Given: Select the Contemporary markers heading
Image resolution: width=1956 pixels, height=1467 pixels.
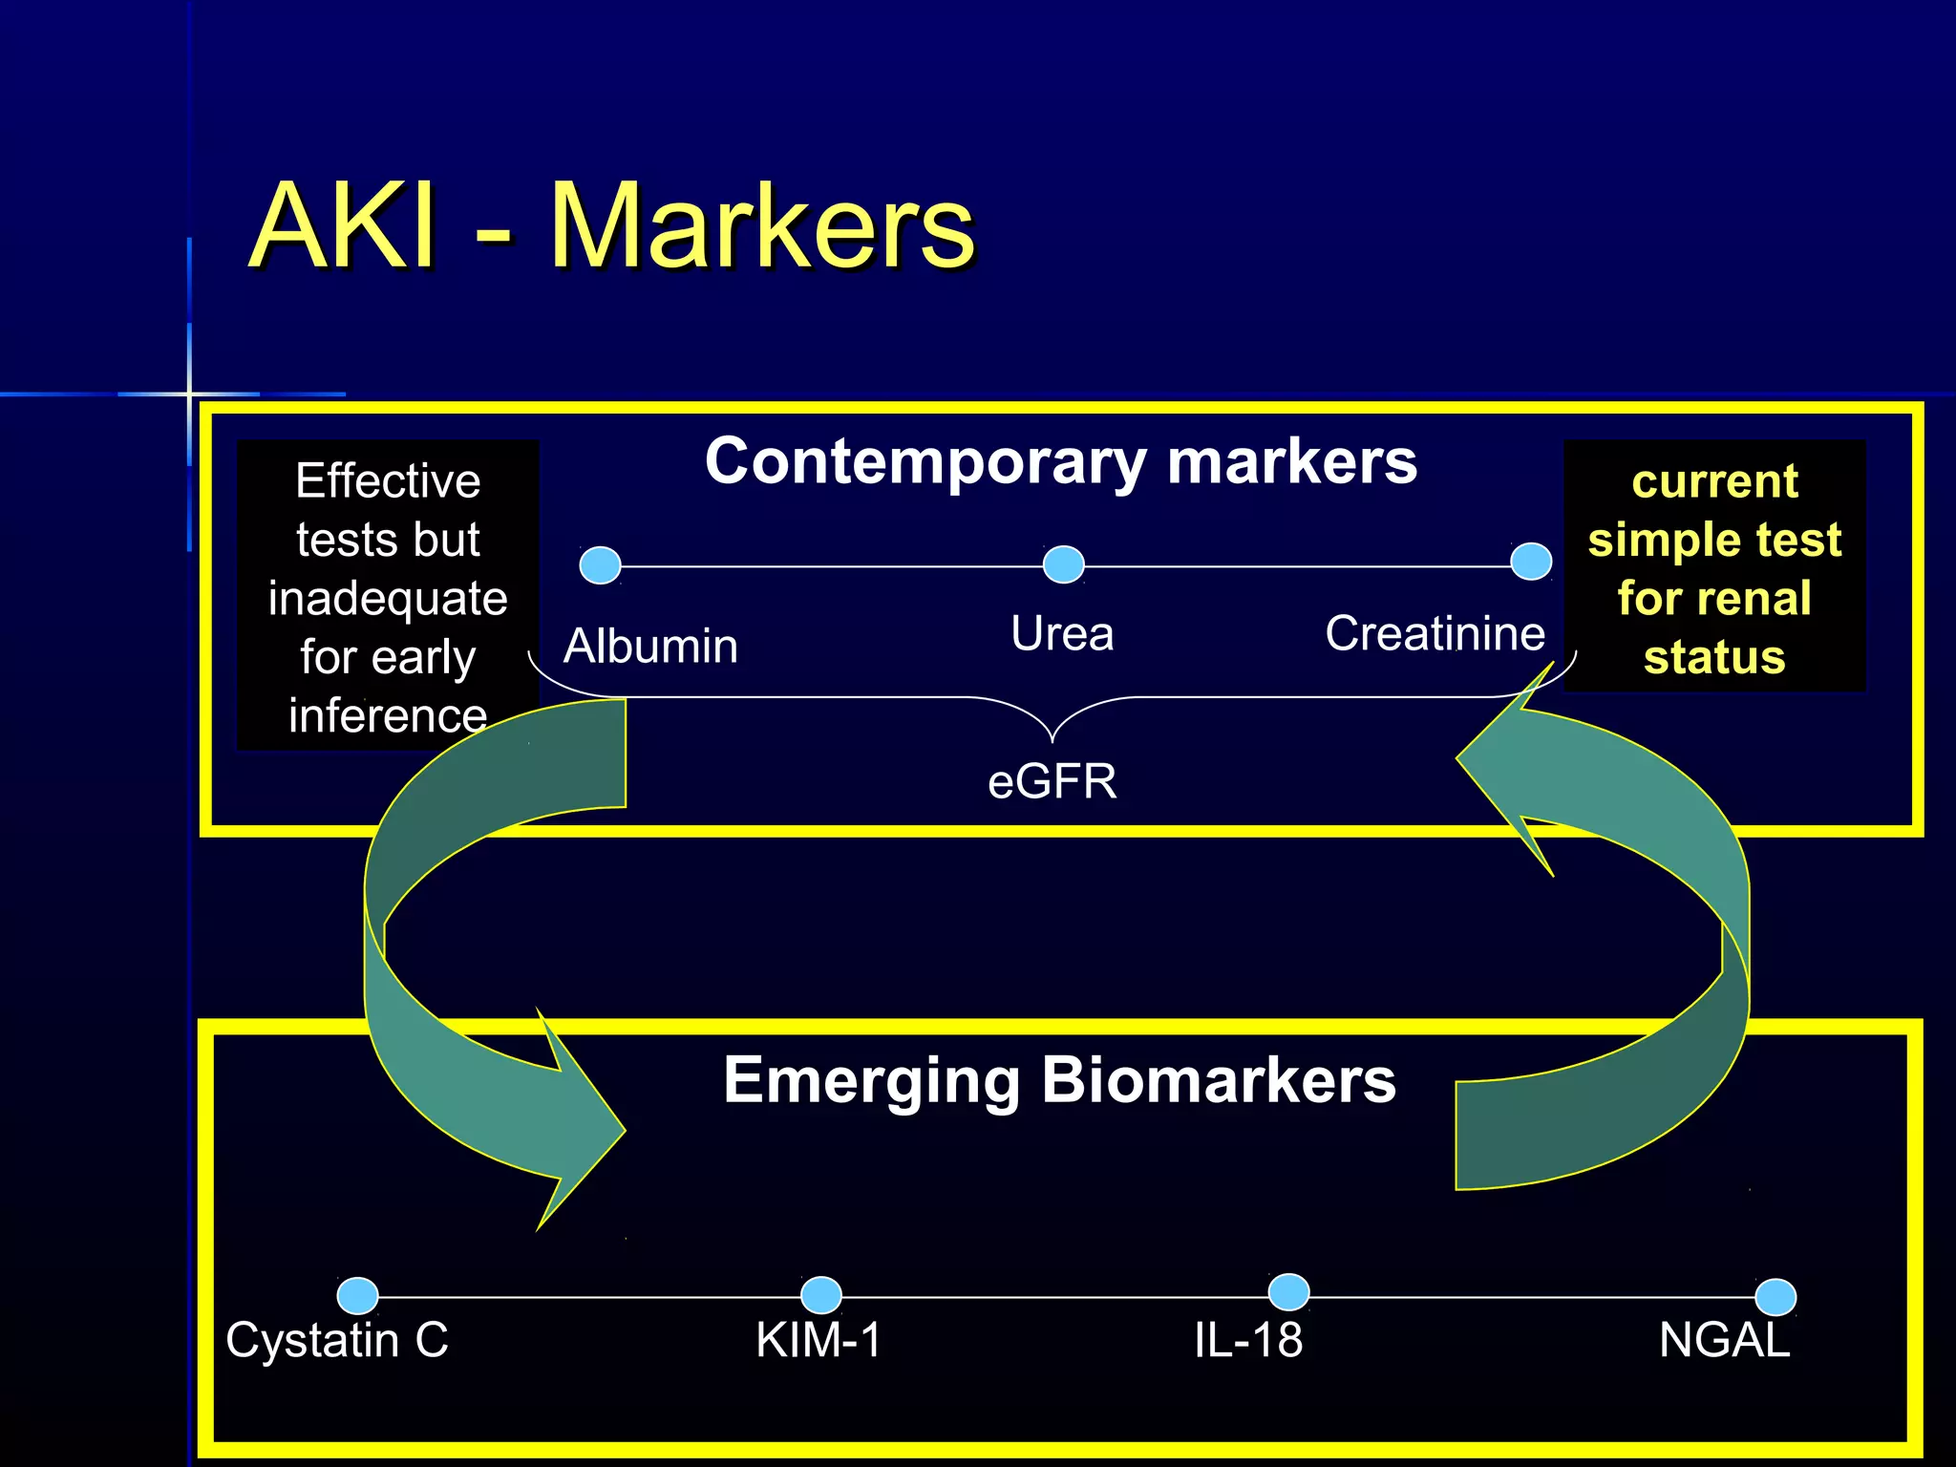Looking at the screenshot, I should click(x=1060, y=461).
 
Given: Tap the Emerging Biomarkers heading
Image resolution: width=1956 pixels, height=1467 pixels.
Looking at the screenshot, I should click(x=1058, y=1080).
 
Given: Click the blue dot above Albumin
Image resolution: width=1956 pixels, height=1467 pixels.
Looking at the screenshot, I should click(x=600, y=564).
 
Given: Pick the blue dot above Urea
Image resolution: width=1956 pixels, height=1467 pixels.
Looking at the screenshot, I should click(x=1063, y=563).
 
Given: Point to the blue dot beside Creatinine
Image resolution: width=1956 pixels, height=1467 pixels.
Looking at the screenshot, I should click(x=1530, y=561).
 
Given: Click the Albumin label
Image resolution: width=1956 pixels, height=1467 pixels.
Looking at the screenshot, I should click(x=650, y=647).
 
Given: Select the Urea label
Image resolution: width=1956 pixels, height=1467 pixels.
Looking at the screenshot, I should click(x=1062, y=634).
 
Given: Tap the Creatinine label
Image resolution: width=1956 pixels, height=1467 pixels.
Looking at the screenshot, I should click(x=1435, y=634).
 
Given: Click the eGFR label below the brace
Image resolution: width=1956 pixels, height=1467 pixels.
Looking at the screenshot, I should click(x=1052, y=781).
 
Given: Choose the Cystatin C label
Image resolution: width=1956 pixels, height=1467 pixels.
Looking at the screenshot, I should click(x=336, y=1340).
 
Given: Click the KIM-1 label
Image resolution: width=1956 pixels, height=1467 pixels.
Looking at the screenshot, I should click(x=819, y=1340).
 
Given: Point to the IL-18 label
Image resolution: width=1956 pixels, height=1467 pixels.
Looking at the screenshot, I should click(x=1247, y=1340).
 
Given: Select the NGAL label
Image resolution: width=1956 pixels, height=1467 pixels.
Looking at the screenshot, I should click(x=1723, y=1340).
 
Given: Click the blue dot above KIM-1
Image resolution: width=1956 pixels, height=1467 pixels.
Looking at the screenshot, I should click(x=820, y=1295).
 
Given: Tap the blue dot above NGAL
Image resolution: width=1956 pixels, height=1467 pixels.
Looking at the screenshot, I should click(x=1775, y=1297).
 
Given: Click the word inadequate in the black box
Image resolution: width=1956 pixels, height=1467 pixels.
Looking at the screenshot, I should click(x=388, y=600).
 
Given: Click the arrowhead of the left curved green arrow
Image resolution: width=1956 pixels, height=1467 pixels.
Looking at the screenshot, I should click(x=583, y=1127).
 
